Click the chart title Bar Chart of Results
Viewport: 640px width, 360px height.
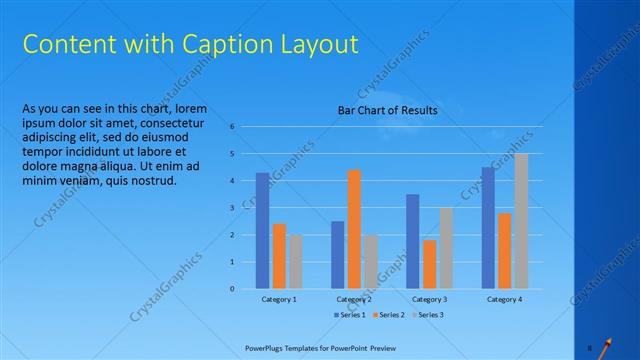387,110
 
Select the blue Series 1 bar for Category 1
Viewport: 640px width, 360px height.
262,231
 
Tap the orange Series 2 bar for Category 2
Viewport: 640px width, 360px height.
354,229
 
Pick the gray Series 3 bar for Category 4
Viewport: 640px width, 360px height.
521,221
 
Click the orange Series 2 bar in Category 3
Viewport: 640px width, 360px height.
429,264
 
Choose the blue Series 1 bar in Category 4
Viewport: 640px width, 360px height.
488,228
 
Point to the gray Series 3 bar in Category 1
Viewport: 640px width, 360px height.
296,262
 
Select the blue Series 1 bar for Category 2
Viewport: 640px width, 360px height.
338,255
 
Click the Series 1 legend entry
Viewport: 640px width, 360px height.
349,315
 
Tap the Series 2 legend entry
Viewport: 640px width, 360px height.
389,315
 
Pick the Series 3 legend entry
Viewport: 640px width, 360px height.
428,315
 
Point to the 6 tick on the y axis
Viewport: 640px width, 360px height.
232,127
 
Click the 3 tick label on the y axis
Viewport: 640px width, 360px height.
232,208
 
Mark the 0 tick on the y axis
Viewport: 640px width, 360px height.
232,289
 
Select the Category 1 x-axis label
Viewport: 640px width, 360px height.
279,299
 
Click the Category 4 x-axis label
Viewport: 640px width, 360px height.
504,299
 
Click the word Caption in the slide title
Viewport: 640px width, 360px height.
220,45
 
